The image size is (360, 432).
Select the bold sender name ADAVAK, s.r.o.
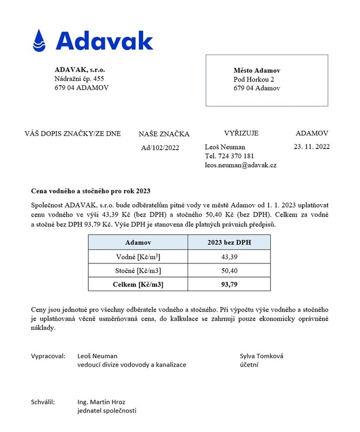(x=79, y=70)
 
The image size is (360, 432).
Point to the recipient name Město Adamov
(x=257, y=71)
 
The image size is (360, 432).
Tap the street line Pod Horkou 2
(x=254, y=79)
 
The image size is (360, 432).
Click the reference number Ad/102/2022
(x=160, y=147)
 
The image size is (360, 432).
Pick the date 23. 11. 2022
(x=311, y=146)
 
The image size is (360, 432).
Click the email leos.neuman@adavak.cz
(x=241, y=165)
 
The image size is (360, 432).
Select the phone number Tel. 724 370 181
(x=230, y=156)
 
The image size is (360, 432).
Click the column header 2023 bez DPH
(x=229, y=242)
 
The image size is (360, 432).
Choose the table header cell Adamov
(x=138, y=242)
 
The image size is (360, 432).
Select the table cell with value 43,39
(x=229, y=256)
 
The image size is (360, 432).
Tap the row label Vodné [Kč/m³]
(x=138, y=256)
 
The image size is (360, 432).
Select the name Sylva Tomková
(x=262, y=356)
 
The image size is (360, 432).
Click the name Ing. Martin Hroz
(x=101, y=402)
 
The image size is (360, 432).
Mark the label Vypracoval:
(x=49, y=356)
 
